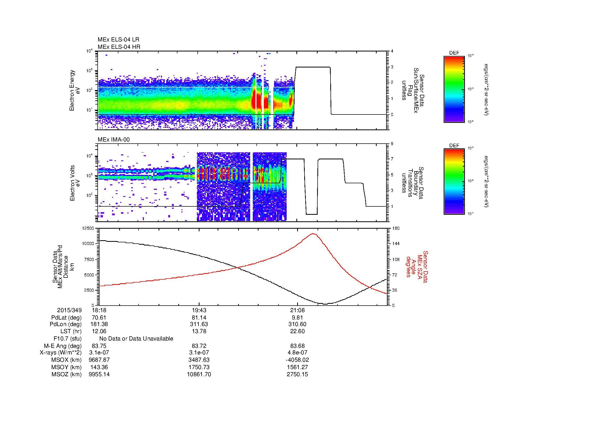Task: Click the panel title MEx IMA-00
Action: (x=114, y=140)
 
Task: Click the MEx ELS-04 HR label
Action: (x=119, y=47)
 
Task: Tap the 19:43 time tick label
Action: (x=199, y=310)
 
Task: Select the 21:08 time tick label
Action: (x=297, y=310)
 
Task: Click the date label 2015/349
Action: (x=69, y=310)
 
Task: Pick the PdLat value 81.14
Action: (x=199, y=318)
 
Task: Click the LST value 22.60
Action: (x=297, y=331)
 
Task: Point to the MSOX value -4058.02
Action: (x=297, y=360)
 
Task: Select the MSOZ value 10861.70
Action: (x=199, y=374)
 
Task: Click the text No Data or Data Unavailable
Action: (x=136, y=339)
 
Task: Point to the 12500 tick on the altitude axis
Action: (x=88, y=228)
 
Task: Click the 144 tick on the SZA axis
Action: (x=396, y=244)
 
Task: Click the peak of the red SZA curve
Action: (x=313, y=234)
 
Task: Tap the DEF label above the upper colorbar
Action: (x=454, y=53)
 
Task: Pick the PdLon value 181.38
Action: (x=99, y=324)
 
